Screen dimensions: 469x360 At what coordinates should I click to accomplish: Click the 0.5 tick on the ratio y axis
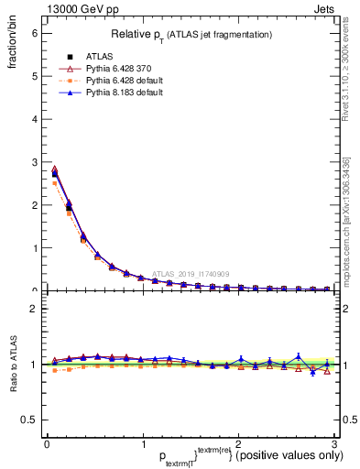(29, 420)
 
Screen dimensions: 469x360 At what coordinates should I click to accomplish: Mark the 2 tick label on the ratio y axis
(34, 309)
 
